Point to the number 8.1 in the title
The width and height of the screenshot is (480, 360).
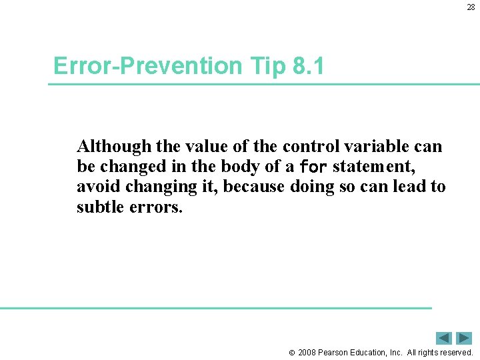click(307, 66)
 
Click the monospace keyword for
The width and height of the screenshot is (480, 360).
click(313, 166)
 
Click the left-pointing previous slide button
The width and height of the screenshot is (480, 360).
click(444, 338)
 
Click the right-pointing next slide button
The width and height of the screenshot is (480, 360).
click(464, 338)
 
